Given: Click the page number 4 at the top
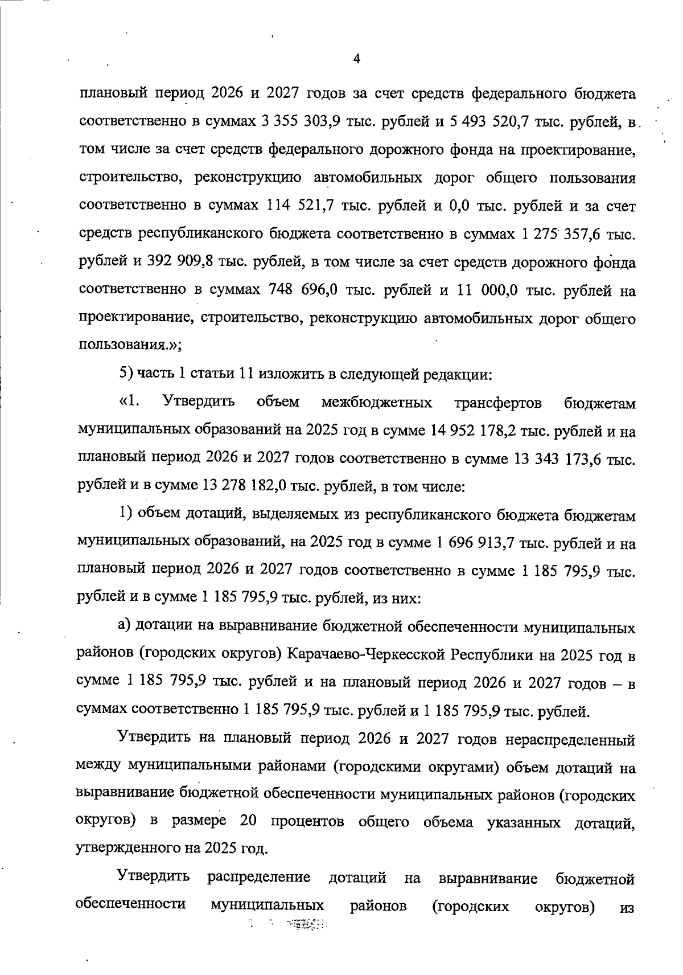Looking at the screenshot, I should [x=356, y=59].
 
